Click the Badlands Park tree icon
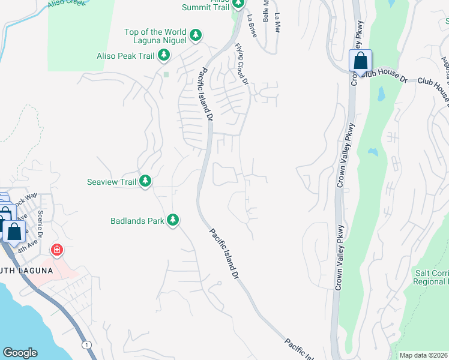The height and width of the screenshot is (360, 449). click(x=173, y=220)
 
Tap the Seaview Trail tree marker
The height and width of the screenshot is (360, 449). click(x=145, y=181)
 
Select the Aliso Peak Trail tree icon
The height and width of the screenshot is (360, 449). click(x=163, y=56)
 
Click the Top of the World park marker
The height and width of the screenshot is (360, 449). click(x=196, y=36)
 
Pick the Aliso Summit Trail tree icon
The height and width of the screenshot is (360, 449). click(x=238, y=5)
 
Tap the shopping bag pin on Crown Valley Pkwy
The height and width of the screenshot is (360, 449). click(x=360, y=61)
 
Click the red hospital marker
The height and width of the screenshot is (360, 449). click(x=57, y=249)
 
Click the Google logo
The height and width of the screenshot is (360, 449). click(x=20, y=353)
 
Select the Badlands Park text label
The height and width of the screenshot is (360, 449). click(x=137, y=221)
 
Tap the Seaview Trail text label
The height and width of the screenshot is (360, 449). click(x=112, y=181)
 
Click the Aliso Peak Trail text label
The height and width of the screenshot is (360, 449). click(x=125, y=56)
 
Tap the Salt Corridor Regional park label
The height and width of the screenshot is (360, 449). click(x=431, y=277)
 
